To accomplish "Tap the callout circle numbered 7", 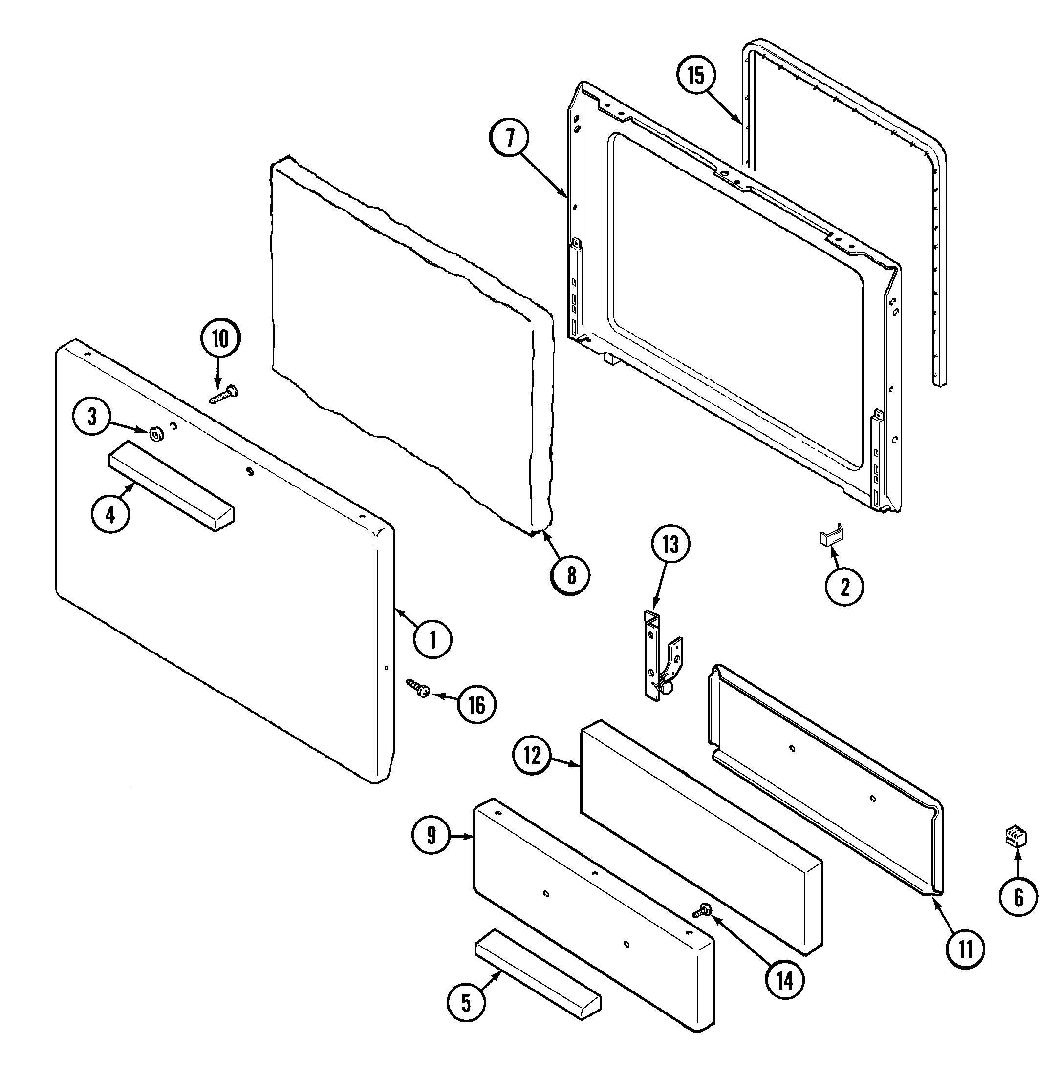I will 509,138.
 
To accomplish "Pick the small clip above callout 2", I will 832,537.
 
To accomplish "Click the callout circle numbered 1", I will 433,639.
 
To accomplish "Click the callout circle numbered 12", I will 532,756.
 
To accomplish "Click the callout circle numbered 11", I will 965,950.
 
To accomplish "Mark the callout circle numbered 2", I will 844,587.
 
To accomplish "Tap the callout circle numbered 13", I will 670,544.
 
